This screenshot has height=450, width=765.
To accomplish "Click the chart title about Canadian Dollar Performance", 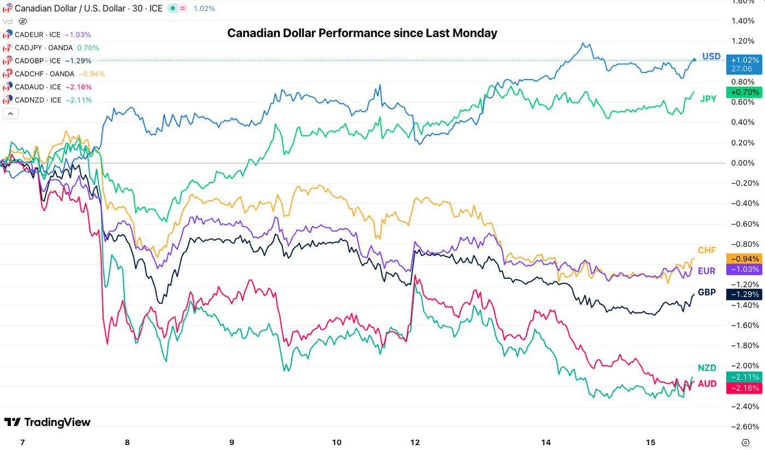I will pos(362,33).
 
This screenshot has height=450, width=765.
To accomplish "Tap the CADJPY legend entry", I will pos(51,48).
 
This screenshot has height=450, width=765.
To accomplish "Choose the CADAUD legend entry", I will pos(46,87).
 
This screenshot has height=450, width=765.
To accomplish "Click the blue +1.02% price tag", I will pos(743,60).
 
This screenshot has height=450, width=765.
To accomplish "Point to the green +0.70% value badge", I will pos(743,92).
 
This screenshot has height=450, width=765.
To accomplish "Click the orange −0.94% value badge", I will pos(743,258).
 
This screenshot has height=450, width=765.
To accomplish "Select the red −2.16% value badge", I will pos(743,388).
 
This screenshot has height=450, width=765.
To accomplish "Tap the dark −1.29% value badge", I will pos(743,294).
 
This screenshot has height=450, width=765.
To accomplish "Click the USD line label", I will pos(711,56).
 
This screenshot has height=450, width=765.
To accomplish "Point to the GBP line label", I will pos(707,292).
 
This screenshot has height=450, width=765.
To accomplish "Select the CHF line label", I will pos(707,250).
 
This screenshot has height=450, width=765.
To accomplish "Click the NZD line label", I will pos(707,368).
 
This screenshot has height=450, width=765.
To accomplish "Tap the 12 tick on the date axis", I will pos(415,442).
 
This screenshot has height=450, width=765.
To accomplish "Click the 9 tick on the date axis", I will pos(232,442).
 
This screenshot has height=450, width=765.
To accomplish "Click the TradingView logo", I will pos(48,422).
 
